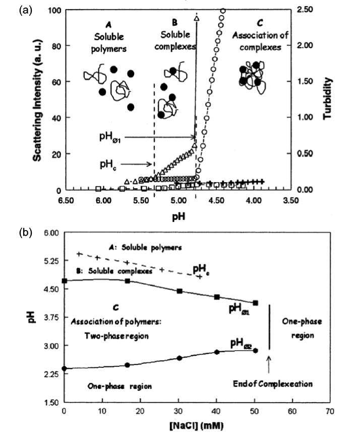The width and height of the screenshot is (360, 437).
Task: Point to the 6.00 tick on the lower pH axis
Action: coord(53,233)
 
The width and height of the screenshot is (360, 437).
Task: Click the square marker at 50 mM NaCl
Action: coord(256,303)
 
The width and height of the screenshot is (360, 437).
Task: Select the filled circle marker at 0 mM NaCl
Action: coord(65,368)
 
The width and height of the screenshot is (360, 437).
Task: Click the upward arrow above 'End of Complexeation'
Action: coord(268,364)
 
